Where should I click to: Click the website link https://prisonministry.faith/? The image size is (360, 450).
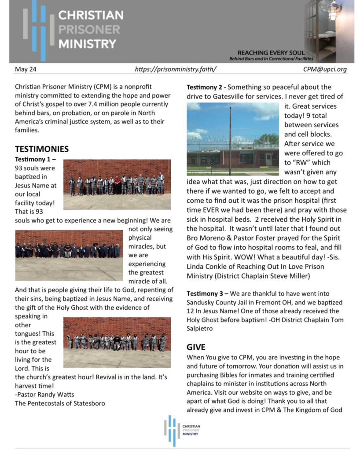coord(176,69)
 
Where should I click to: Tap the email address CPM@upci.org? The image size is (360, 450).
coord(325,69)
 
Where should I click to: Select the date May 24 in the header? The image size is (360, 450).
coord(26,69)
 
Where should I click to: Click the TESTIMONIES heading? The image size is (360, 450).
coord(42,149)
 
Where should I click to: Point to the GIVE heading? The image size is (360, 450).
coord(196,347)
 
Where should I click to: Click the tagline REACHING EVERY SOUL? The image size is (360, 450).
coord(271,53)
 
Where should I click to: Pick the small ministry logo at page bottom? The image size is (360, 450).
coord(182,429)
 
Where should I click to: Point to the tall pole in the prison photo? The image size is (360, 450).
coord(230,140)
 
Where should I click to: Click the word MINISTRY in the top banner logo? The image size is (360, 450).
coord(87,44)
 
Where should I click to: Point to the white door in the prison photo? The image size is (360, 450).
coord(268,159)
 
